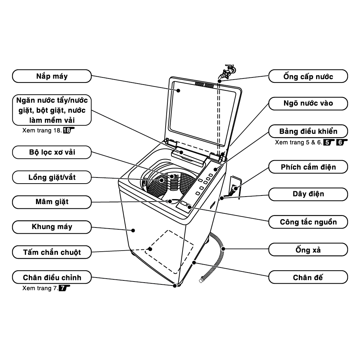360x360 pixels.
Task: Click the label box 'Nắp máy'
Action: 52,76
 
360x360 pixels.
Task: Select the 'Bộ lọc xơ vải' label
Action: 52,152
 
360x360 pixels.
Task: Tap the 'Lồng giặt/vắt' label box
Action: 52,177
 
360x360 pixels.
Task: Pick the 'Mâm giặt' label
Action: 52,202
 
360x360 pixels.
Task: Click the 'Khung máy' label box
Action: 52,227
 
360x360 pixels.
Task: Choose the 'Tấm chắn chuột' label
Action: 52,252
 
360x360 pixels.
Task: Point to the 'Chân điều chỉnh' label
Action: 52,278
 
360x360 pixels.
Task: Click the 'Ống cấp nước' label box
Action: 308,76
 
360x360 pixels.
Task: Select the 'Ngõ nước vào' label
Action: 308,104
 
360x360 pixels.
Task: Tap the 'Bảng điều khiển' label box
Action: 308,130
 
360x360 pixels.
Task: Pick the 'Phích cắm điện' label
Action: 308,167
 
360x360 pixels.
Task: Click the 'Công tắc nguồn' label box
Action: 308,222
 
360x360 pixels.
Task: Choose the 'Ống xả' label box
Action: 308,249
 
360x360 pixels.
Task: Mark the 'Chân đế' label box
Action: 308,278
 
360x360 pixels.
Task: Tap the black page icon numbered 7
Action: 63,288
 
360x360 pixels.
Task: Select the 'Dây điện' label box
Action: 308,194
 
